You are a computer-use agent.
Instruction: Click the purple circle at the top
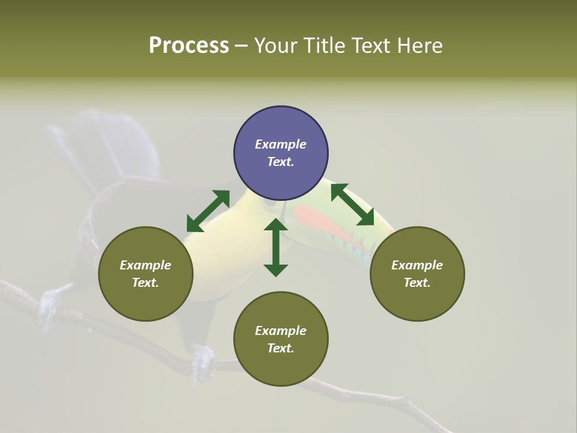click(x=281, y=153)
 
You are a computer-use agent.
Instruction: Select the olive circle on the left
click(x=145, y=274)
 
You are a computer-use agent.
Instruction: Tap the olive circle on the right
click(x=417, y=274)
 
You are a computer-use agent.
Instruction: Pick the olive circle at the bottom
click(x=281, y=339)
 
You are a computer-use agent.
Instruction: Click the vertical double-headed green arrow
click(x=276, y=247)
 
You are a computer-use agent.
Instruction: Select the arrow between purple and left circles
click(x=208, y=211)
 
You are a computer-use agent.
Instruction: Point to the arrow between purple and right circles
click(x=352, y=204)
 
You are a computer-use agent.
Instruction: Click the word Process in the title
click(x=189, y=45)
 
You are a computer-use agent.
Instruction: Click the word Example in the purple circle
click(x=281, y=144)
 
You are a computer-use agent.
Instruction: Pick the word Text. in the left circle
click(x=145, y=283)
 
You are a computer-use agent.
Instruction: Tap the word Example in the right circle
click(x=417, y=265)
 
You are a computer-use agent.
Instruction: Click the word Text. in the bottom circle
click(x=281, y=348)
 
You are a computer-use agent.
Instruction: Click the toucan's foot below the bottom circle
click(x=203, y=361)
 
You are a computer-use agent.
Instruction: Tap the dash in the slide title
click(x=241, y=46)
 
